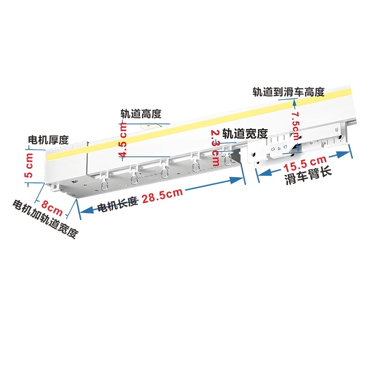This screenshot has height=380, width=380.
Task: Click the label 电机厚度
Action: coord(48,140)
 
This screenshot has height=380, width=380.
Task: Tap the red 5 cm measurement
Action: coord(29,167)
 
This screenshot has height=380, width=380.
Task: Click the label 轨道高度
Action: coord(141,114)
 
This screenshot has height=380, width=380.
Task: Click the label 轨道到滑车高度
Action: coord(288,92)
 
